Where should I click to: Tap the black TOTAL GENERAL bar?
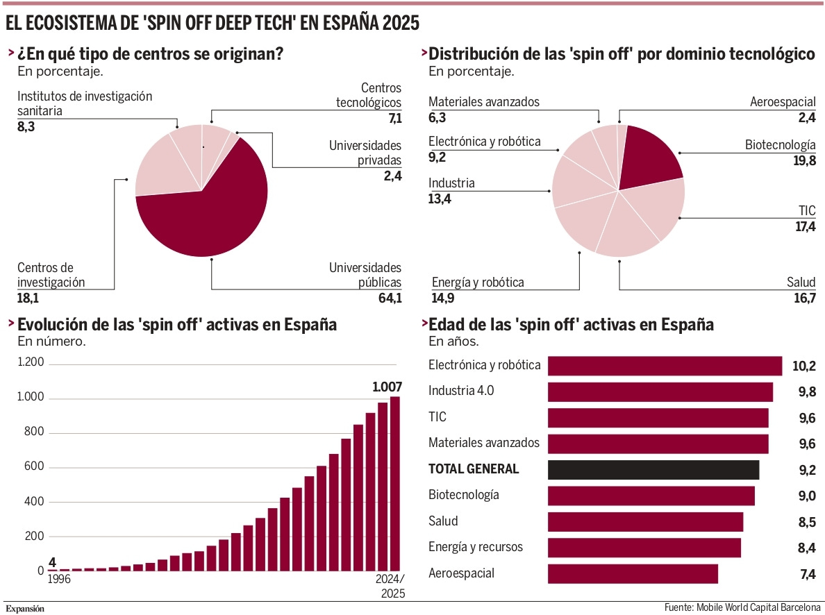(653, 469)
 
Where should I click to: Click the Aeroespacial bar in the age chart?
(632, 573)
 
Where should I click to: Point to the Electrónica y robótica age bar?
(665, 366)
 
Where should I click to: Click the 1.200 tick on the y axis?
(31, 362)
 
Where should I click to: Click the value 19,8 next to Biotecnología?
(804, 161)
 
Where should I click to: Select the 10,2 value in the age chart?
(803, 366)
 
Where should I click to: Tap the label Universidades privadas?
(365, 153)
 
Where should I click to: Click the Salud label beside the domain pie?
(801, 283)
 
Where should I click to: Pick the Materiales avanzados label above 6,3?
(483, 102)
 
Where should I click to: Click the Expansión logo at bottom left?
(26, 608)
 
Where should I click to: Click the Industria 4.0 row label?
(461, 391)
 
